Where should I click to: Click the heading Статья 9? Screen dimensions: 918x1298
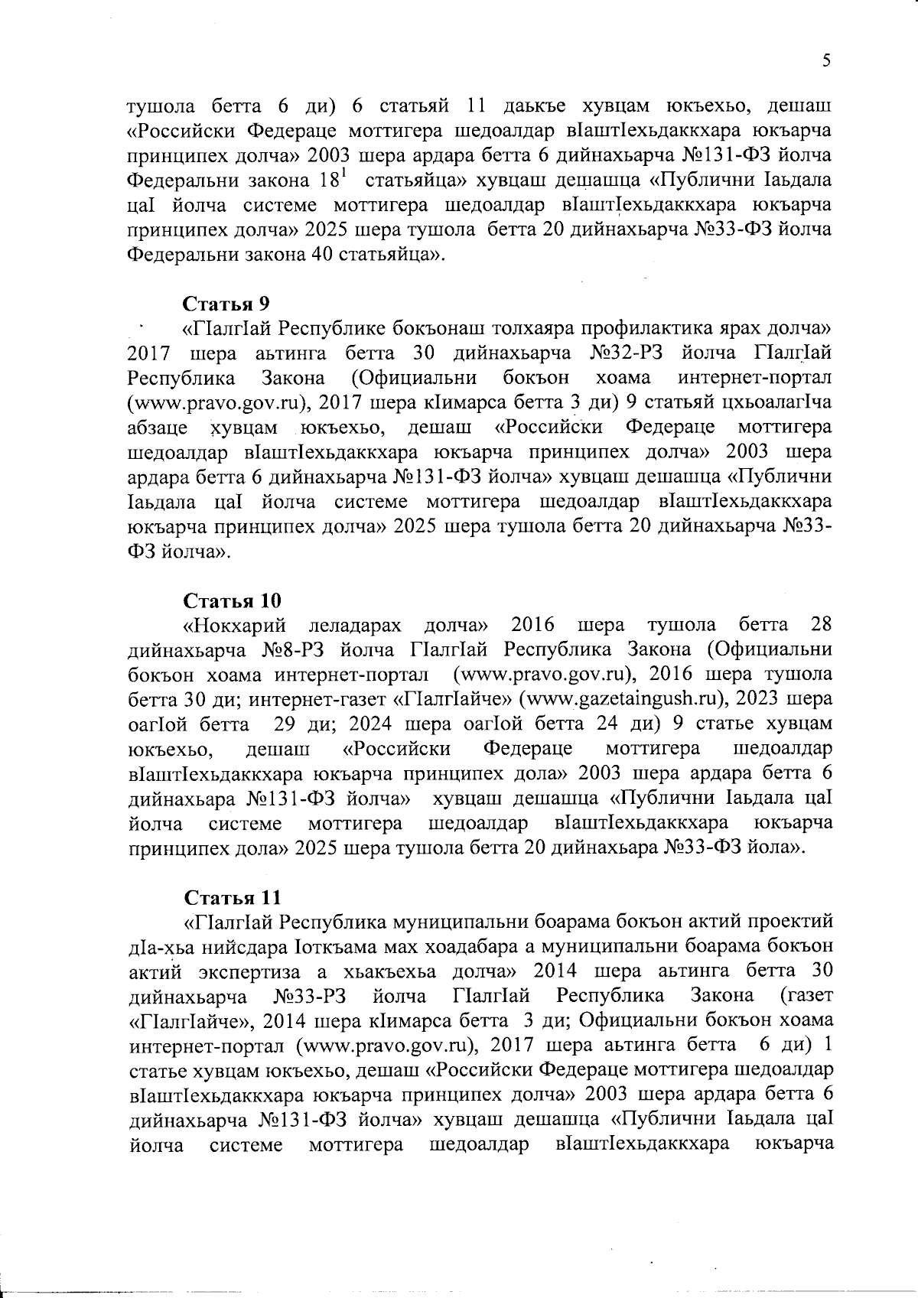coord(226,303)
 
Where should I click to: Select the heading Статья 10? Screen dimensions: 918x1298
coord(233,599)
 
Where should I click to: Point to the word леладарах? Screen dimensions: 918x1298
coord(354,625)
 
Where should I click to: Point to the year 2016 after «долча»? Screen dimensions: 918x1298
coord(532,625)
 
